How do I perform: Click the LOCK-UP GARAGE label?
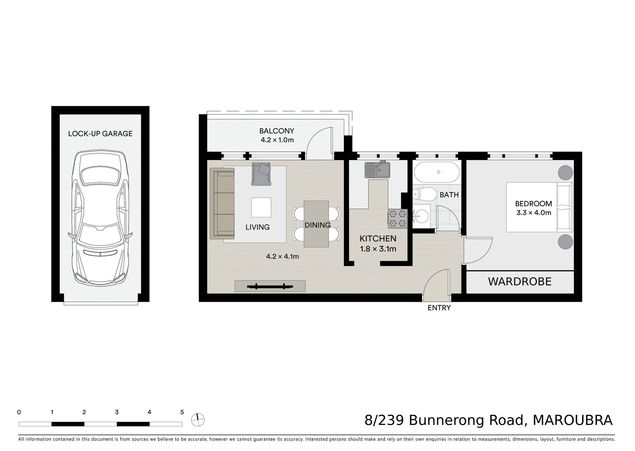click(x=100, y=134)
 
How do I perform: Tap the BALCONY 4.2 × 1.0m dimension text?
click(x=277, y=140)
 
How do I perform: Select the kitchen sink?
click(x=377, y=170)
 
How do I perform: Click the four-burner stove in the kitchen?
click(x=397, y=218)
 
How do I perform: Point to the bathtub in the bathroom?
click(x=437, y=172)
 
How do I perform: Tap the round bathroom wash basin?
click(x=421, y=217)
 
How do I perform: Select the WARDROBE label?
click(x=520, y=282)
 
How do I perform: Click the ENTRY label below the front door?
click(x=439, y=308)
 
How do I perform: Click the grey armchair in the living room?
click(x=261, y=174)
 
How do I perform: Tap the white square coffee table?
click(x=261, y=207)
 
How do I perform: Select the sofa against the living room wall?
click(x=222, y=203)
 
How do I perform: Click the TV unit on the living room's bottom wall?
click(x=270, y=286)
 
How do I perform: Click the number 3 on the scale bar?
click(x=117, y=412)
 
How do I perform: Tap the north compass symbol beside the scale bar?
click(x=198, y=420)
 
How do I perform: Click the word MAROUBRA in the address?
click(x=572, y=420)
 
